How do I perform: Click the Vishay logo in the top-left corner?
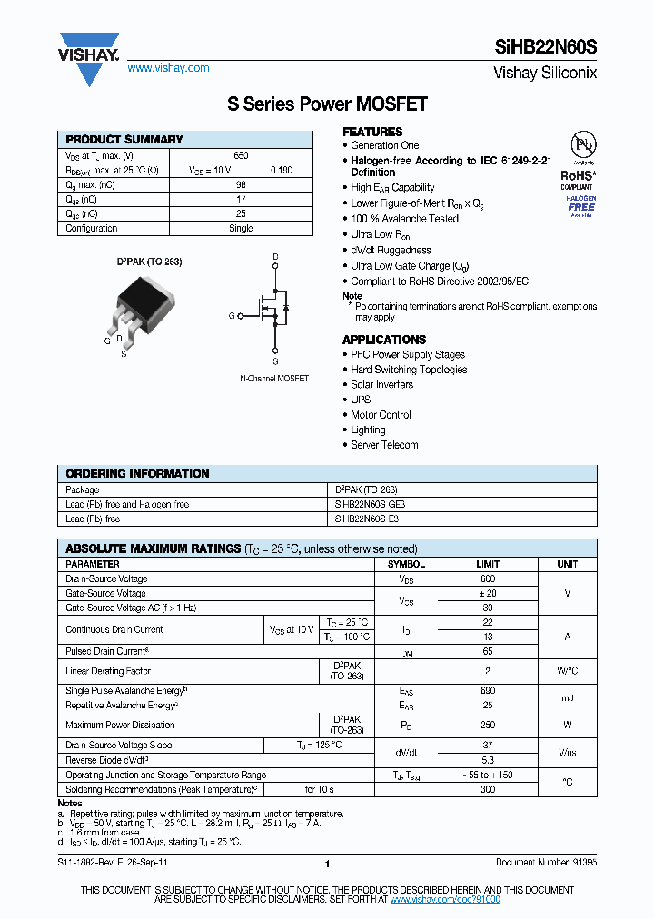[x=89, y=57]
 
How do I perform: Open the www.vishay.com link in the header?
[x=168, y=68]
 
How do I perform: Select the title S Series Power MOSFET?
[x=327, y=104]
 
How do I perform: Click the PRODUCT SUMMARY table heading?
[x=124, y=140]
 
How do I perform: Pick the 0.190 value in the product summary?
[x=282, y=170]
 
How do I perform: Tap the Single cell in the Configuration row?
[x=241, y=228]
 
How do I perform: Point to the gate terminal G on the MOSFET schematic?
[x=233, y=315]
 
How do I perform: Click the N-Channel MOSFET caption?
[x=274, y=378]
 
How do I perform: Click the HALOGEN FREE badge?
[x=581, y=203]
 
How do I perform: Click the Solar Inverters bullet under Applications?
[x=381, y=385]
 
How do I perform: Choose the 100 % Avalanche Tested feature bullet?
[x=404, y=219]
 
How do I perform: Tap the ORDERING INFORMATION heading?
[x=137, y=474]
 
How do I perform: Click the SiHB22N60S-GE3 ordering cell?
[x=371, y=504]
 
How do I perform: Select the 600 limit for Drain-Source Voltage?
[x=488, y=578]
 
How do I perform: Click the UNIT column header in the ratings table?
[x=567, y=564]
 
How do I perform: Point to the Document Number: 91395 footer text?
[x=546, y=864]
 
